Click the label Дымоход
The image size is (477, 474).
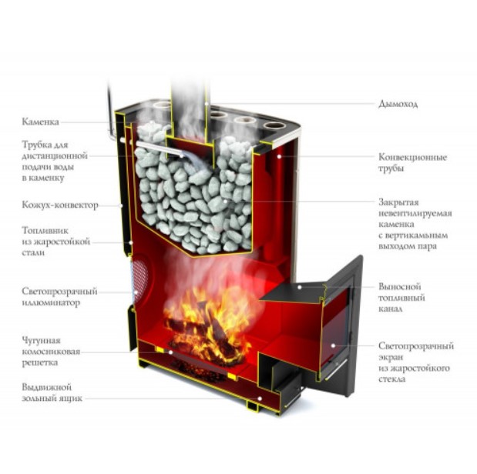[x=398, y=104]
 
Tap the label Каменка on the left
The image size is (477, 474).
[x=40, y=122]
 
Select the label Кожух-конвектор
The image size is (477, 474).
[x=60, y=205]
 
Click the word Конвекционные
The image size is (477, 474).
[x=412, y=157]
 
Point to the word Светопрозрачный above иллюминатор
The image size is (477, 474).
[x=59, y=291]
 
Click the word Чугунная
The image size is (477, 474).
[x=41, y=340]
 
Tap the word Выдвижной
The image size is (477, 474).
[x=46, y=387]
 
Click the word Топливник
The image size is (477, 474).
[x=45, y=230]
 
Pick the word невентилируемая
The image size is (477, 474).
[x=415, y=213]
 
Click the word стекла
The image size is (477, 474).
[x=391, y=379]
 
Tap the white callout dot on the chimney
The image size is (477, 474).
[x=207, y=104]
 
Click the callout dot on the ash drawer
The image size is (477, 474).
[x=260, y=399]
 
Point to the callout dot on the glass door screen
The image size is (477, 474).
[x=333, y=345]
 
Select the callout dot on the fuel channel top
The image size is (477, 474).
[x=300, y=286]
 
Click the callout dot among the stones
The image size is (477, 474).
[x=225, y=201]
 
